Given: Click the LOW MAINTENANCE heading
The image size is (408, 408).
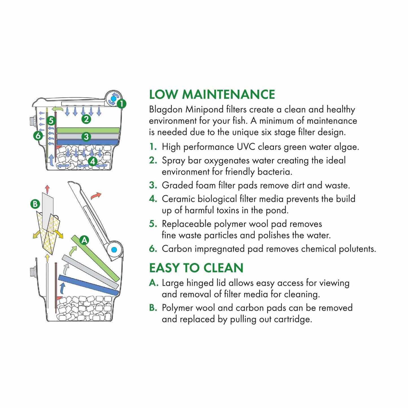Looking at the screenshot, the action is (212, 94).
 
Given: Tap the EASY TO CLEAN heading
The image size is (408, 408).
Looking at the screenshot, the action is (196, 268).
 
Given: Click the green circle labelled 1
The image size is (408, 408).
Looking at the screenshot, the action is (121, 104).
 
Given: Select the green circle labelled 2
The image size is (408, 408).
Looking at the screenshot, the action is (86, 119).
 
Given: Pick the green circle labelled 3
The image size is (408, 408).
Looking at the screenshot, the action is (86, 137).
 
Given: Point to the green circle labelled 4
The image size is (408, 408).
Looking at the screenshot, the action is (93, 162).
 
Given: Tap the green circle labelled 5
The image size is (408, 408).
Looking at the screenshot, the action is (51, 121).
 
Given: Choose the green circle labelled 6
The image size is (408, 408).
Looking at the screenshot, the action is (38, 136).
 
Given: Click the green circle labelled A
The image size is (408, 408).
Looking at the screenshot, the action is (84, 241).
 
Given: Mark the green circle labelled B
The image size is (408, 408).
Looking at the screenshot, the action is (35, 204).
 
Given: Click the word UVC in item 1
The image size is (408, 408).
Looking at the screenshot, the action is (246, 147).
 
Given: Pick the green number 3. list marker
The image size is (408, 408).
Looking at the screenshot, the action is (153, 185).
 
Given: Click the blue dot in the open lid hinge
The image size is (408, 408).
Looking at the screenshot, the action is (114, 250).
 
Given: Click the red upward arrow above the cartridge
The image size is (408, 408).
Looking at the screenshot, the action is (47, 189).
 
